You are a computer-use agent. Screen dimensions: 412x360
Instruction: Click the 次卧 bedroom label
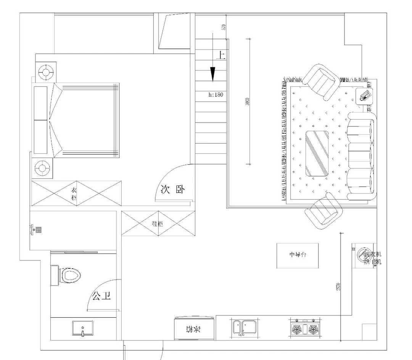(172, 190)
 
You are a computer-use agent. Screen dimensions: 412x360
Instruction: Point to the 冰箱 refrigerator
(194, 328)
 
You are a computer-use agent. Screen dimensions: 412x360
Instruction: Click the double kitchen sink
(245, 328)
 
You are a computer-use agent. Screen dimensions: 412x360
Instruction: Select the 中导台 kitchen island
(298, 255)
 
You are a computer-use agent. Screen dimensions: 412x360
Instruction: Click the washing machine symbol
(362, 255)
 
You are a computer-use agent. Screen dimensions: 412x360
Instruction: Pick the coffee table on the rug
(317, 153)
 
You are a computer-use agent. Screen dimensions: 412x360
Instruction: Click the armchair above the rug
(321, 82)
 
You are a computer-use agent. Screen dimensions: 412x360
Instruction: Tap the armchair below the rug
(324, 212)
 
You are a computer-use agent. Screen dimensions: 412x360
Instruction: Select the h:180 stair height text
(216, 95)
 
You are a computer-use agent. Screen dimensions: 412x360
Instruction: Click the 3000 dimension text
(248, 102)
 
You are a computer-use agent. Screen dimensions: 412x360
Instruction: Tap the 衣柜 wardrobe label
(74, 194)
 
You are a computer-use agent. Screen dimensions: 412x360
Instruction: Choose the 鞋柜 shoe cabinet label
(157, 224)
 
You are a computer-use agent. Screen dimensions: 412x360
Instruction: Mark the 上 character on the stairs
(221, 55)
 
